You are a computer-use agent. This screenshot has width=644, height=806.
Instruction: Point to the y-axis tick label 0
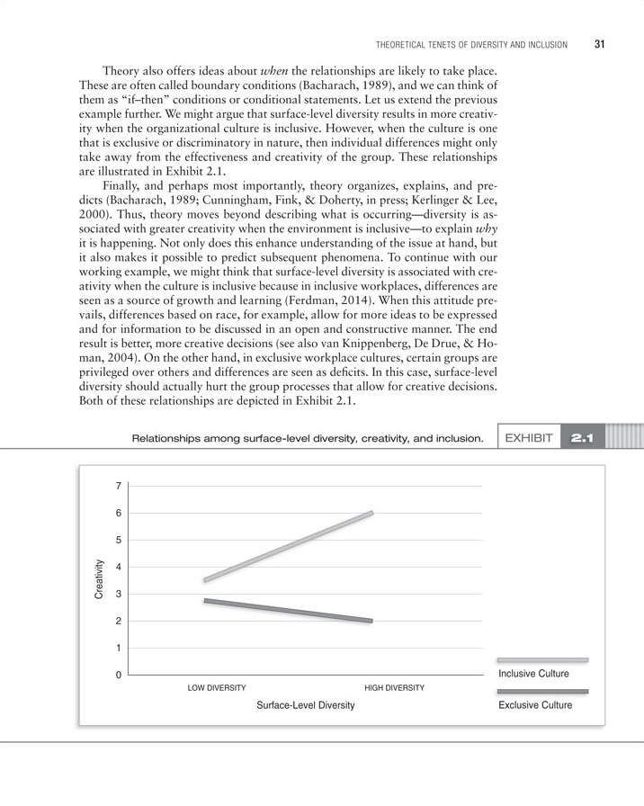pyautogui.click(x=118, y=676)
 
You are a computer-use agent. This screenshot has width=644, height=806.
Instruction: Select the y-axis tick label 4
pyautogui.click(x=118, y=568)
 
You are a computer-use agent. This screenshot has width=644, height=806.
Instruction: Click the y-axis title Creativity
pyautogui.click(x=99, y=579)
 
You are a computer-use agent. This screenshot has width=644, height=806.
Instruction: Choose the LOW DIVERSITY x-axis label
pyautogui.click(x=217, y=688)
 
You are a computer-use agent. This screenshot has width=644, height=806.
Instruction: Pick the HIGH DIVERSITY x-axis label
pyautogui.click(x=394, y=688)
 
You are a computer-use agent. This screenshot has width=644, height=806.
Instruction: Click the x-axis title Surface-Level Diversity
pyautogui.click(x=306, y=705)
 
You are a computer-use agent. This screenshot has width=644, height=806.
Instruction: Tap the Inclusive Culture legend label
pyautogui.click(x=533, y=674)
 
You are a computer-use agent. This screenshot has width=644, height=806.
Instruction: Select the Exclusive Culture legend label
pyautogui.click(x=535, y=705)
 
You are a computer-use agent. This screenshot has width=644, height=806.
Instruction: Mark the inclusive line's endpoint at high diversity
pyautogui.click(x=371, y=513)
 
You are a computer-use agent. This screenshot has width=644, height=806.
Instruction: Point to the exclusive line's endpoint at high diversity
pyautogui.click(x=371, y=621)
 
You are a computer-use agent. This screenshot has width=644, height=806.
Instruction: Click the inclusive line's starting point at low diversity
pyautogui.click(x=206, y=580)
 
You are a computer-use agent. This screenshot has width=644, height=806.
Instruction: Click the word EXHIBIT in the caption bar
pyautogui.click(x=532, y=414)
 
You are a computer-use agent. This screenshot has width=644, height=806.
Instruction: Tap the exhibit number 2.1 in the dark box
pyautogui.click(x=583, y=414)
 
